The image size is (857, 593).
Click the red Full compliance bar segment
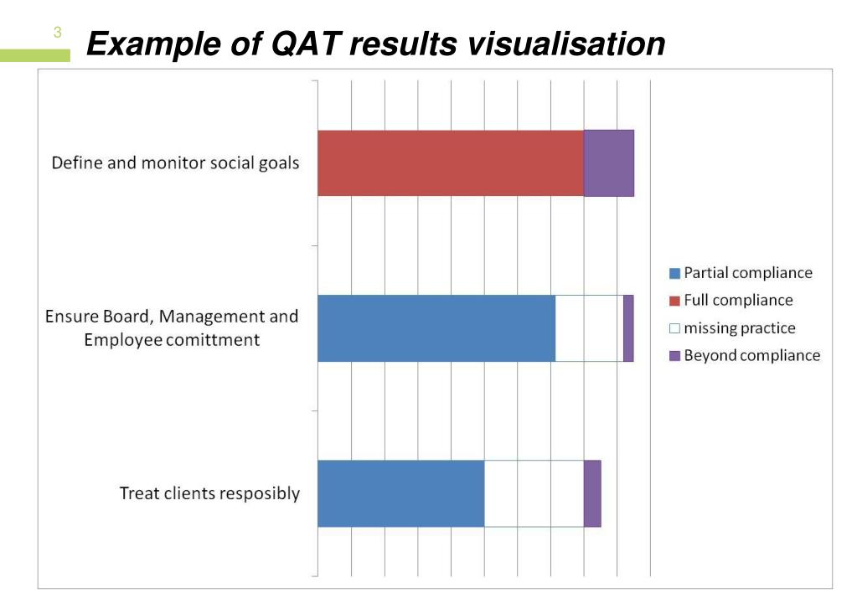pos(450,163)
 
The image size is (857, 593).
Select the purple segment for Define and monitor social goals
pos(608,163)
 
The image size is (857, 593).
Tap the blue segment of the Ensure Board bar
pos(436,328)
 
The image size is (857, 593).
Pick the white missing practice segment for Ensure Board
pos(588,328)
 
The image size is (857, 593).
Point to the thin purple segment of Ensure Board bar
pos(628,328)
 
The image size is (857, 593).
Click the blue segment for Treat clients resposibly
pos(400,493)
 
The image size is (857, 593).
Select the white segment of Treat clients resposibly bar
pos(534,493)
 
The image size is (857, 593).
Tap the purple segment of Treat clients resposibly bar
pos(592,493)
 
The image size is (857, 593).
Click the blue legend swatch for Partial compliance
pos(674,273)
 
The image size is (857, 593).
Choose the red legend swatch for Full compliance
pos(674,301)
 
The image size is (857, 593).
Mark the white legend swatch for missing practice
pos(674,328)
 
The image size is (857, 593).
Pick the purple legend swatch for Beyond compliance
pos(674,356)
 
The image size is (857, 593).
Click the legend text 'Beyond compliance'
pos(751,356)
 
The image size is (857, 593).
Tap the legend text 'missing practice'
pos(739,328)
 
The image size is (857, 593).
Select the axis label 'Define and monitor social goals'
pos(175,163)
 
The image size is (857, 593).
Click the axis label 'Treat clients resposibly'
pos(209,493)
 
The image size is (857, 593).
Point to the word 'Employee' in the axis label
pos(121,340)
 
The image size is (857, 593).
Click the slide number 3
pos(57,34)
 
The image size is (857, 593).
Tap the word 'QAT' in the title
pos(307,44)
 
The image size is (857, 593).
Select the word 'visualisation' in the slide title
pos(565,44)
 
